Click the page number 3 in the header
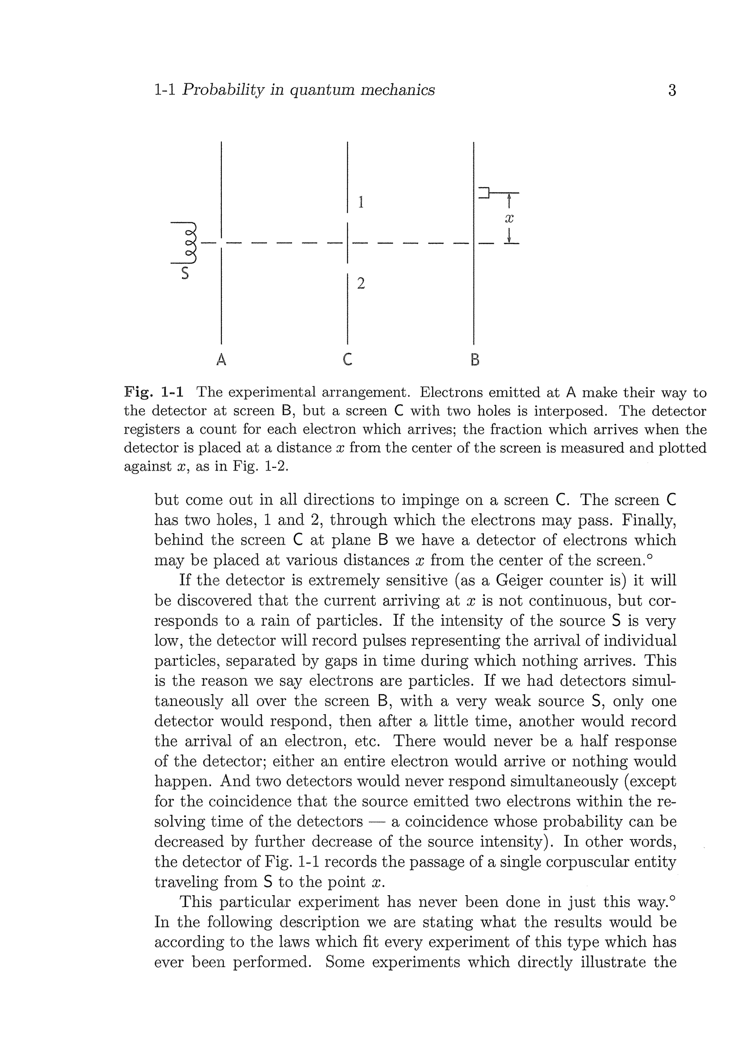click(672, 90)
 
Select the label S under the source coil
click(185, 273)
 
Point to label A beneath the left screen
click(221, 359)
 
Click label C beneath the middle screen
click(348, 359)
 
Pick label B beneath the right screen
click(475, 359)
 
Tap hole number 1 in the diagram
click(361, 202)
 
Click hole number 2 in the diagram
click(361, 283)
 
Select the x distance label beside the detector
click(509, 218)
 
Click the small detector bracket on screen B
click(484, 192)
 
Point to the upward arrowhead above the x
click(509, 197)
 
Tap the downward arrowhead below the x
click(509, 239)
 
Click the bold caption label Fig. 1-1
click(153, 392)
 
